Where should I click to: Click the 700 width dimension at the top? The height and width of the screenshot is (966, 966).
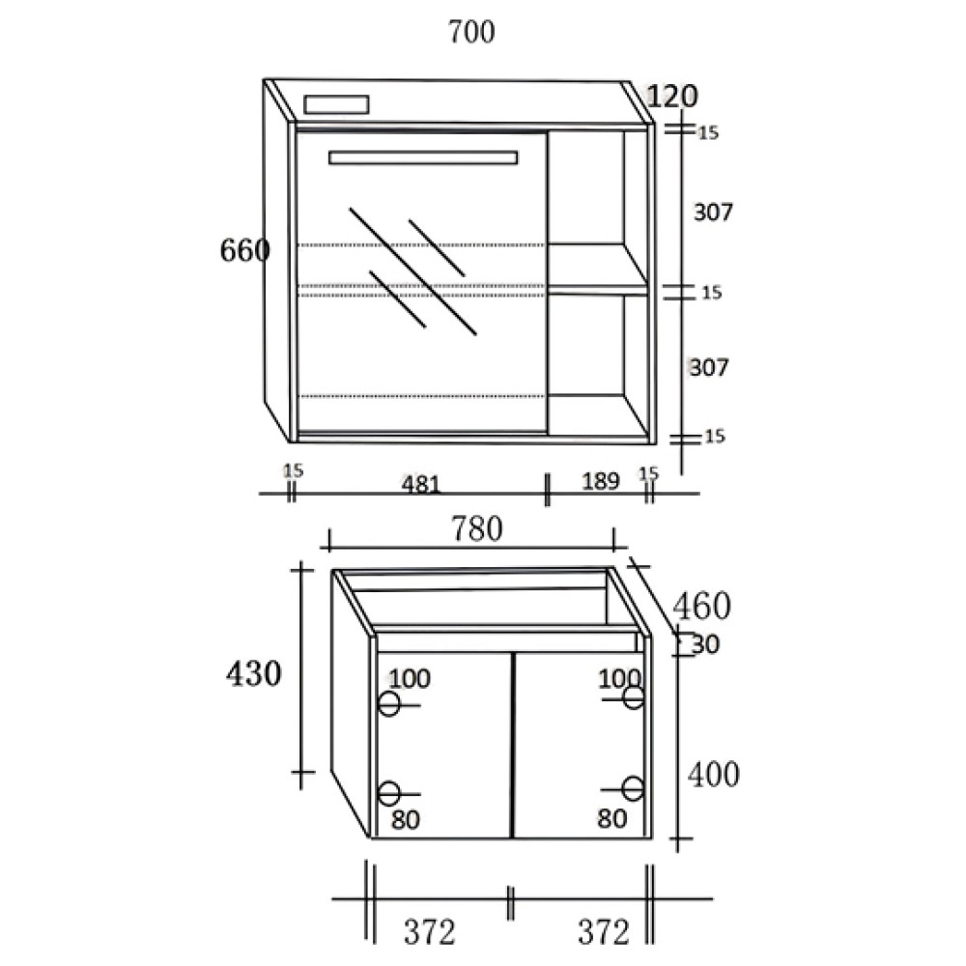471,32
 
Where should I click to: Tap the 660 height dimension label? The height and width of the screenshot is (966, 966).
244,250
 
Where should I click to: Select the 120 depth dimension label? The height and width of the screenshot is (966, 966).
672,96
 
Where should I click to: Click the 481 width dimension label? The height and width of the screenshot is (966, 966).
421,484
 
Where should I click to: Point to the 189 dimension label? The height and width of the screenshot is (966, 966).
600,480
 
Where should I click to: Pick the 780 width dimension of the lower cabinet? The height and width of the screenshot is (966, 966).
477,528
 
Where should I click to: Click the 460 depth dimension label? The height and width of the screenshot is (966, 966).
701,606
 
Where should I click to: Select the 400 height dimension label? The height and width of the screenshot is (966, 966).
714,775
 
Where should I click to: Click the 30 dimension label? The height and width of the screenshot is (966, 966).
705,644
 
